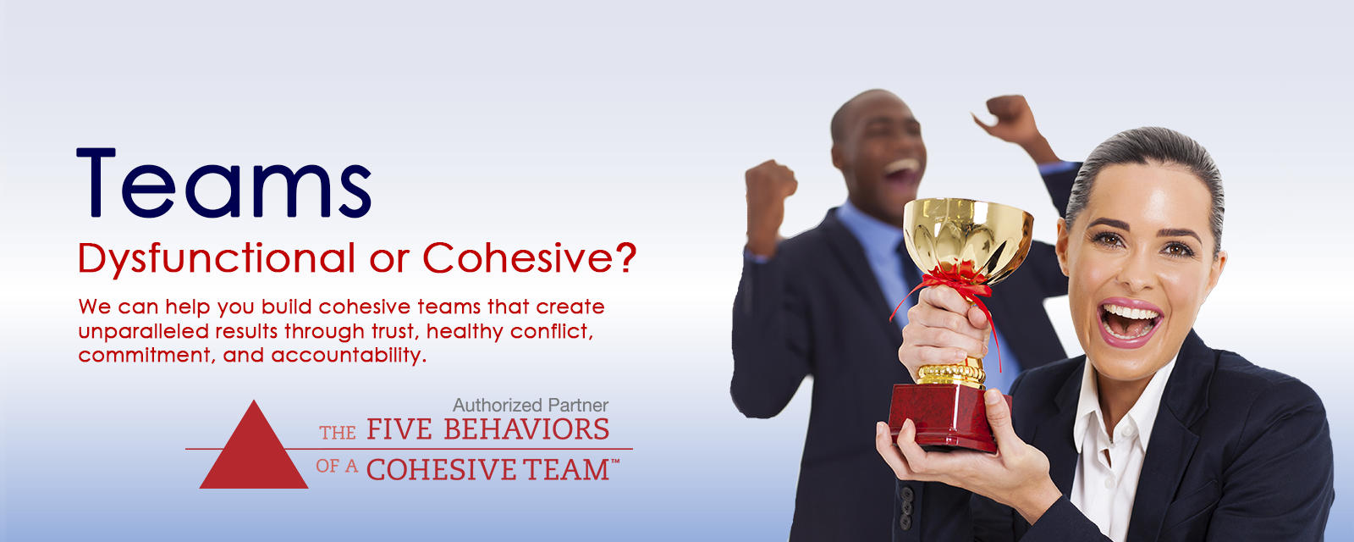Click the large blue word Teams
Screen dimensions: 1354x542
point(223,183)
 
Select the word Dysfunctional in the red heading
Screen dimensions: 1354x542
point(217,259)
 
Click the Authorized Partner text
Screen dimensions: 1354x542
point(530,405)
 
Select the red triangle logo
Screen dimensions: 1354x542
point(254,445)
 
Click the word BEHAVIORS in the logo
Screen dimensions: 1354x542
point(526,429)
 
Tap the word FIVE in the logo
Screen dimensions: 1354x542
point(399,429)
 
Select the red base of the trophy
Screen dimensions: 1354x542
point(947,418)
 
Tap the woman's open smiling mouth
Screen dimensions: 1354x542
point(1130,321)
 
